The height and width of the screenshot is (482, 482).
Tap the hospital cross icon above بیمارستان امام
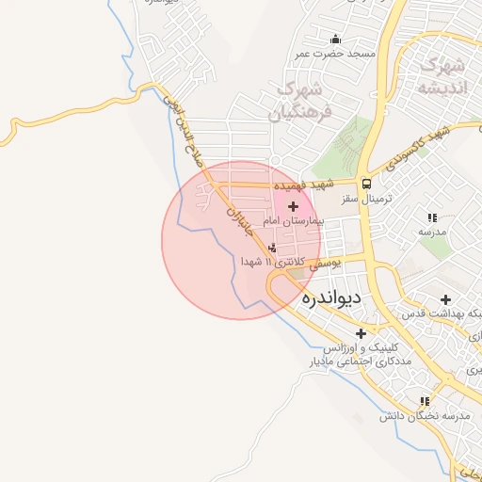293,206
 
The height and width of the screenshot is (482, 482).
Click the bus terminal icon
365,184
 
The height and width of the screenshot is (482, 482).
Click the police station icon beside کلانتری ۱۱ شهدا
273,249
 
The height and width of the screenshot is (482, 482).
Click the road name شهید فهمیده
305,187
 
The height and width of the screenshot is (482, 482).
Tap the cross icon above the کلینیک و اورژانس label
361,333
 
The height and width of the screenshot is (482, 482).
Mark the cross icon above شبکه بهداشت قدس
445,298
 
